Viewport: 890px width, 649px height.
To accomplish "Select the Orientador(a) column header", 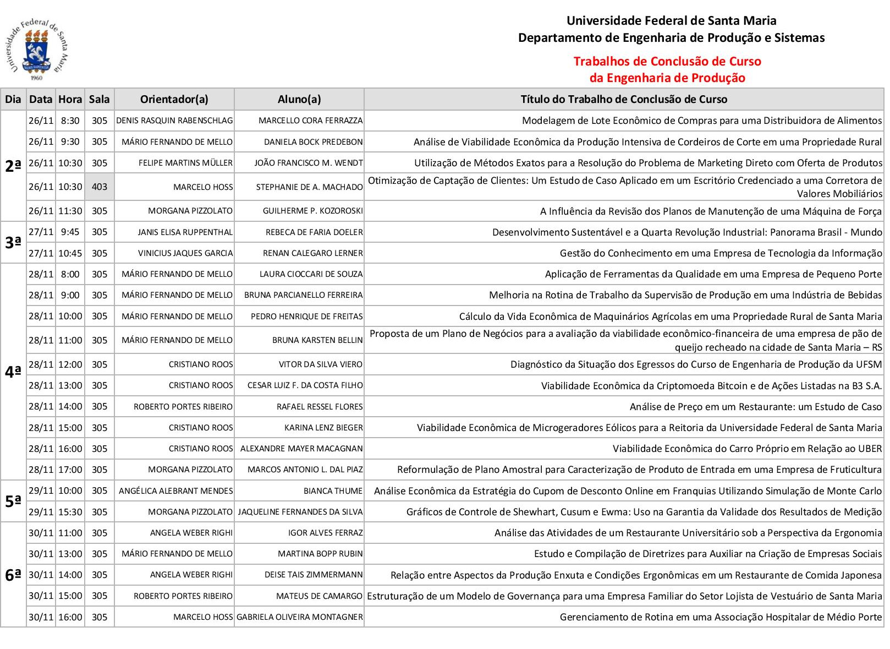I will [174, 100].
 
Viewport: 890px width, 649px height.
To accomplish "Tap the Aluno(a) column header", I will [299, 100].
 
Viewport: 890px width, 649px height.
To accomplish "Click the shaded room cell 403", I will [100, 187].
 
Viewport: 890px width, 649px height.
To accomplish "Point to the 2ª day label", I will [13, 166].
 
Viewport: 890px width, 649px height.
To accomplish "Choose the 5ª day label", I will [13, 501].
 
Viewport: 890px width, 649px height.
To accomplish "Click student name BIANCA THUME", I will [333, 491].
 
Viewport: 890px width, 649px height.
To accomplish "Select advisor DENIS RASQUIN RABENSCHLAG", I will [174, 121].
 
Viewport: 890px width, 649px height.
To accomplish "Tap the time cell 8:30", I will [70, 121].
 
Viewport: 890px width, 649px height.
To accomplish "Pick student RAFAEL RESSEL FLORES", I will [320, 407].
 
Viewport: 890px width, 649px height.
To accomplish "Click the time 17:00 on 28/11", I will [70, 470].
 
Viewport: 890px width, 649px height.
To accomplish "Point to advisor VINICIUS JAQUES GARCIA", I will [185, 253].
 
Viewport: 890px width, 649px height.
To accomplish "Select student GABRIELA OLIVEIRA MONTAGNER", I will [300, 617].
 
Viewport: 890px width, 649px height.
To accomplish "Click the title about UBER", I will [747, 449].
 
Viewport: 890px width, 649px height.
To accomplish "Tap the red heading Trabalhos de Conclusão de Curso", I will [667, 61].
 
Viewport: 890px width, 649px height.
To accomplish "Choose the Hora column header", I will [70, 100].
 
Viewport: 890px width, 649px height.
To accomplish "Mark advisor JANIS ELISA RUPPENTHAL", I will [185, 232].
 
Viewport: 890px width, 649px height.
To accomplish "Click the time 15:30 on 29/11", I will [70, 512].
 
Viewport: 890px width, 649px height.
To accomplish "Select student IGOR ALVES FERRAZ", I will [325, 533].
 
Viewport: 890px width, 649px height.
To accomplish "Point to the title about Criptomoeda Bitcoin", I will [711, 386].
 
